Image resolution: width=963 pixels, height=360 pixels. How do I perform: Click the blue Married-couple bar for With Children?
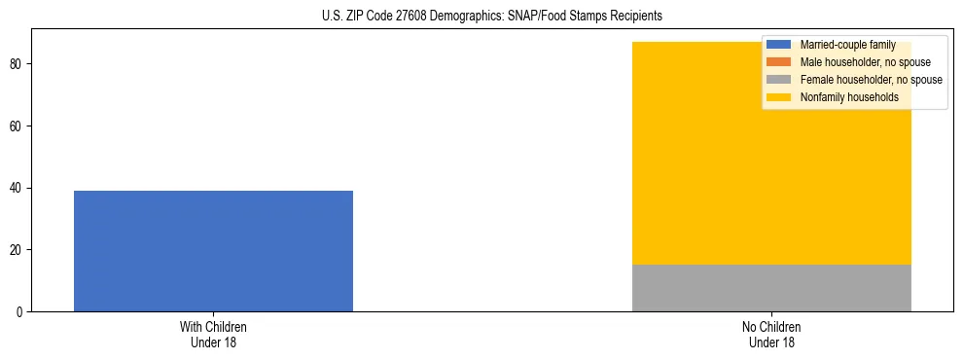coord(213,251)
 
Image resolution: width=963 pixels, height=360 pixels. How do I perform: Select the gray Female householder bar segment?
coord(771,288)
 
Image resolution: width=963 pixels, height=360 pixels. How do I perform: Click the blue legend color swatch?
coord(780,45)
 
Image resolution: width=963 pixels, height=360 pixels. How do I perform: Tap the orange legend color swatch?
coord(780,62)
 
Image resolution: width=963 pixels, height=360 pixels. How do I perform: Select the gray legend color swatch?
coord(780,80)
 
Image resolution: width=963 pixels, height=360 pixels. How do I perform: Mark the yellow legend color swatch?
coord(780,97)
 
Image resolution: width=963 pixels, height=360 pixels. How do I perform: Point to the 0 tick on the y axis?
coord(20,311)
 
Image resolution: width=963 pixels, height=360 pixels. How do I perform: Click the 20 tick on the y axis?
coord(18,250)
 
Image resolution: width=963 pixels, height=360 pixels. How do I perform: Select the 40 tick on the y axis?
coord(18,188)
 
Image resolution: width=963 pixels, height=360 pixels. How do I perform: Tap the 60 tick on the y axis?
coord(18,126)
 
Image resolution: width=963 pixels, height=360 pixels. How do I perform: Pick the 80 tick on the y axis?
coord(18,64)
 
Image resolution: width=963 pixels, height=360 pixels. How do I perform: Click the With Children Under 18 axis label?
coord(213,335)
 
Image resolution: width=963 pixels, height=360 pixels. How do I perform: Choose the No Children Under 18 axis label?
coord(771,335)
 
